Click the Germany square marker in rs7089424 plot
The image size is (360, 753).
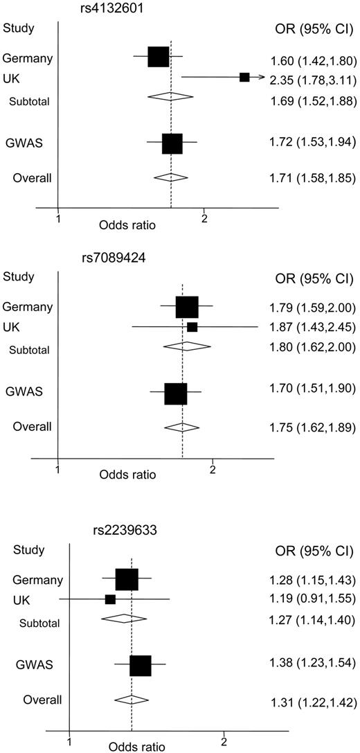(x=187, y=306)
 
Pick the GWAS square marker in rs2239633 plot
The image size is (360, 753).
(x=141, y=665)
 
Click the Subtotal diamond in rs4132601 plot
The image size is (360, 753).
(x=170, y=96)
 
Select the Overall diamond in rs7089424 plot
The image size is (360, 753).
(x=181, y=427)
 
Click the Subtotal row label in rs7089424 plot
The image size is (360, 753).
(x=29, y=350)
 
